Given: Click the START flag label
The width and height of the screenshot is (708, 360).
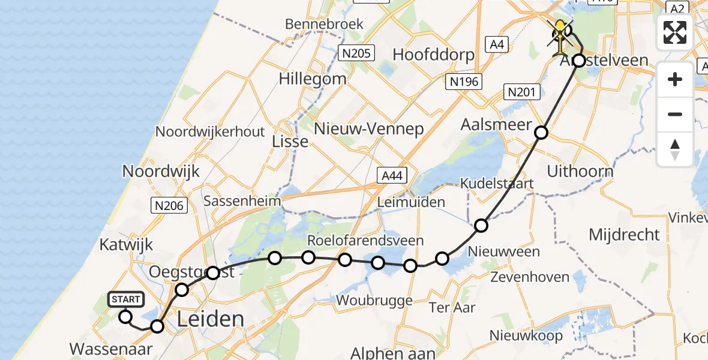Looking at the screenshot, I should click(126, 299).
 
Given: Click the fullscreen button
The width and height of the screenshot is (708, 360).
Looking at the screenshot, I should click(675, 32).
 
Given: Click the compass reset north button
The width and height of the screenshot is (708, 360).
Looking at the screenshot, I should click(675, 149).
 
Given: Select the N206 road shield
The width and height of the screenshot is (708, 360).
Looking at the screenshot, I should click(169, 206).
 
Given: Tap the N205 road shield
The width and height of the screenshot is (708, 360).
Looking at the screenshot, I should click(356, 54).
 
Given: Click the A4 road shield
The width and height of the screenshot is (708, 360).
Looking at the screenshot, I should click(496, 44).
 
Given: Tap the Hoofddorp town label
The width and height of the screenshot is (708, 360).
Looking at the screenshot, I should click(433, 55).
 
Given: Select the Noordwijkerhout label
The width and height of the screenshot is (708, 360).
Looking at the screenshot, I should click(209, 131).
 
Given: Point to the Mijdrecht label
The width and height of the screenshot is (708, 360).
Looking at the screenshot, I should click(624, 235).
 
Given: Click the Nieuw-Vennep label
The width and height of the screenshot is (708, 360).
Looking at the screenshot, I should click(370, 128).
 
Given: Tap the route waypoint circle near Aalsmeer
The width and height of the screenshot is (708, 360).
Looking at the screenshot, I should click(541, 133).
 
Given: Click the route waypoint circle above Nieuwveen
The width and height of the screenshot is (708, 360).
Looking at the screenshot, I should click(481, 226).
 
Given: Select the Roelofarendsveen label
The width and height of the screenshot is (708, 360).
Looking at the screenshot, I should click(365, 241).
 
